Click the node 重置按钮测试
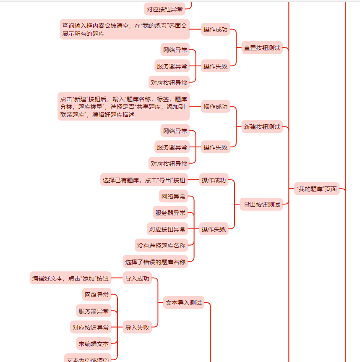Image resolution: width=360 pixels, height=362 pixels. tap(262, 48)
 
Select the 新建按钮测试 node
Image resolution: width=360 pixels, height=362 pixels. tap(262, 127)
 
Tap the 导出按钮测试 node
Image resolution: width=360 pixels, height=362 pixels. tap(262, 205)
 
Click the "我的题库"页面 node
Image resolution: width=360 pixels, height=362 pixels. tap(316, 189)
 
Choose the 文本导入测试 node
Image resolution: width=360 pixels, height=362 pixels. tap(183, 302)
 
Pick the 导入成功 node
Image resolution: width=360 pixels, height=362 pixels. tap(137, 278)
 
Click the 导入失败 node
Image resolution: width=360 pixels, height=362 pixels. tap(137, 328)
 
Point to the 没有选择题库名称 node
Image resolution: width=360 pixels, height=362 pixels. tap(161, 246)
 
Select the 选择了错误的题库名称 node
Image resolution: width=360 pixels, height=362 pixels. tap(155, 262)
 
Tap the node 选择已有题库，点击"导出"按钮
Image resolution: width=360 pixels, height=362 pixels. tap(144, 180)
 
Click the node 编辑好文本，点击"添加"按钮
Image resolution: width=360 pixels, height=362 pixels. tap(70, 278)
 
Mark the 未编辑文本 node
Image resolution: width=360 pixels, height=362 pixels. tap(93, 344)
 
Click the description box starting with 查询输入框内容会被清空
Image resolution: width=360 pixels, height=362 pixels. tap(125, 29)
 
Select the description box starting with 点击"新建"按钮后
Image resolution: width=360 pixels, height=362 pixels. tap(123, 107)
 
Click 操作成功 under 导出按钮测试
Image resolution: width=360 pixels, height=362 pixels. tap(214, 180)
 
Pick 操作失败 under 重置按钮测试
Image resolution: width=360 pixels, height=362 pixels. tap(216, 66)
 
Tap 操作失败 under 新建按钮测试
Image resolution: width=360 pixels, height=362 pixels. tap(216, 147)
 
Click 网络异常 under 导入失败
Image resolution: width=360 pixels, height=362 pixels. tap(97, 295)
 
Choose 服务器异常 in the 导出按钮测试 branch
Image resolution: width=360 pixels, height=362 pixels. tap(170, 213)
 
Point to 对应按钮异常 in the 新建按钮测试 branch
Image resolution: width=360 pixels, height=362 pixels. tap(169, 163)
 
